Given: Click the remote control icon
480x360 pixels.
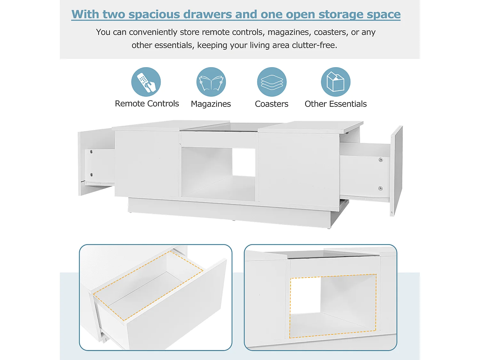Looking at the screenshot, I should coord(146,82).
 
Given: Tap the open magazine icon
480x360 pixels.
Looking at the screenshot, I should coord(211,82).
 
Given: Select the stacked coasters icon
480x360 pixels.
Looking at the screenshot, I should coord(272,82).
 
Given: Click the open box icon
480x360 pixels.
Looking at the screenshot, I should coord(336,82).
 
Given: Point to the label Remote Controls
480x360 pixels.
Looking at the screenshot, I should coord(147,104).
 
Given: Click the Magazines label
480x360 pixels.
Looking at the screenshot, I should coord(211,104).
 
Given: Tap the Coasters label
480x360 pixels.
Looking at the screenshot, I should coord(272,104).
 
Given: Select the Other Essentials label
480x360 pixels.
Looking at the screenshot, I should coord(336,104).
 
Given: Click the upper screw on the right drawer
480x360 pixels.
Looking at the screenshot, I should coord(381,160).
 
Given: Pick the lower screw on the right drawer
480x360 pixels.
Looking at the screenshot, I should coord(380,188).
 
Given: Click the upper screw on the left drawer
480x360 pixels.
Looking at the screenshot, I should coord(91,152).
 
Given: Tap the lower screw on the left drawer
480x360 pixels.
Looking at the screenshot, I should coord(91,175).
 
